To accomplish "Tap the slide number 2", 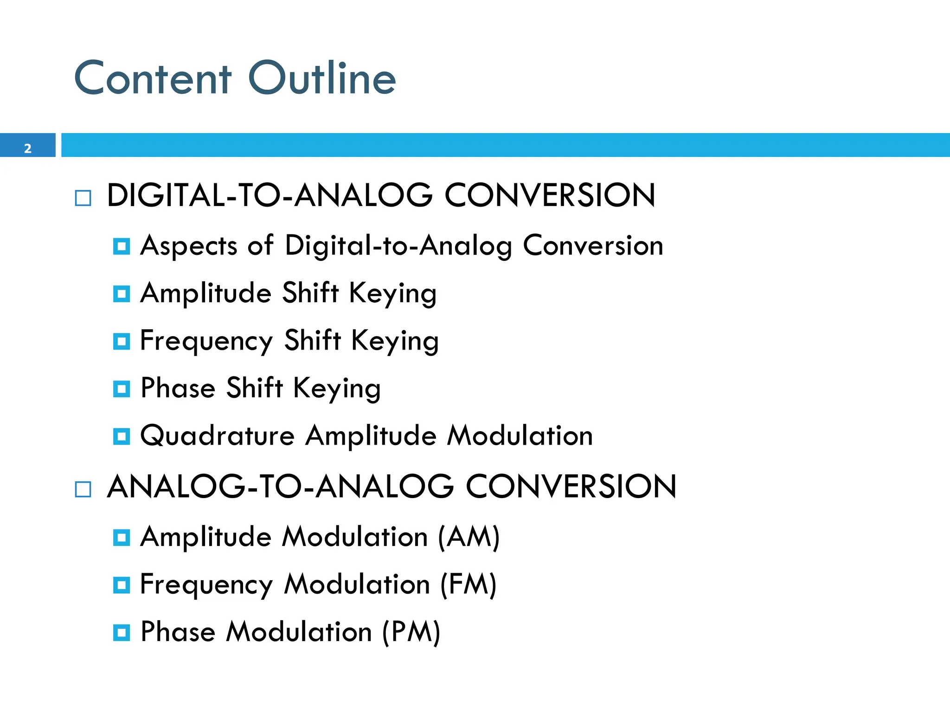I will (x=28, y=149).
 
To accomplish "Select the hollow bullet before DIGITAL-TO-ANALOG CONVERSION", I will (x=83, y=198).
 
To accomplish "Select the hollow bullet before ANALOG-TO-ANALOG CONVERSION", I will (x=83, y=489).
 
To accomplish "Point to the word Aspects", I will (x=189, y=246).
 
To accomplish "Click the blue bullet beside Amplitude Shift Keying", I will (x=122, y=294).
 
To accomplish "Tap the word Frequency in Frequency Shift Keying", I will (x=206, y=341).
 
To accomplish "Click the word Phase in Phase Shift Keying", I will (x=178, y=388).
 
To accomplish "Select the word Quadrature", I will (x=217, y=436).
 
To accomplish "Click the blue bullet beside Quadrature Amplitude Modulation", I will (x=122, y=436).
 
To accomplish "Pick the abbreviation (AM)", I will (x=469, y=537).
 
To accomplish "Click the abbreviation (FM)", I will (x=468, y=584).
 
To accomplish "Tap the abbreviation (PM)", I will (x=411, y=632).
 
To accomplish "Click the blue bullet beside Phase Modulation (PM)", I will (x=122, y=633).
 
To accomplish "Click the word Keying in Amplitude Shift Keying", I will (x=392, y=294).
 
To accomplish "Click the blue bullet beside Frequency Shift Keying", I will (x=122, y=342).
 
